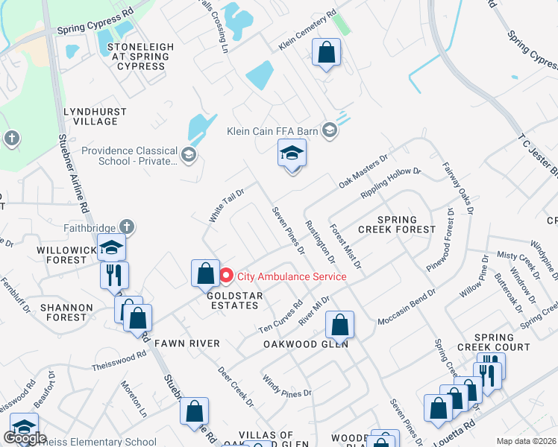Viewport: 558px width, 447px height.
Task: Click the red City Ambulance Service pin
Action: [x=228, y=276]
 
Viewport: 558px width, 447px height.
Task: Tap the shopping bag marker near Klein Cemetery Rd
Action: [x=326, y=53]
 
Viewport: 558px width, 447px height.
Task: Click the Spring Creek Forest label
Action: [x=395, y=225]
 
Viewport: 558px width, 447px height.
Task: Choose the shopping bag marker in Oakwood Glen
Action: [x=339, y=324]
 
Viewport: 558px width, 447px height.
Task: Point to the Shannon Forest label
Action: [x=67, y=312]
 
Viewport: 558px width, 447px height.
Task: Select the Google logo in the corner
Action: [x=24, y=439]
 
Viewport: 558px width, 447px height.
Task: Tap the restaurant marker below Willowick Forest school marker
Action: [x=114, y=275]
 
